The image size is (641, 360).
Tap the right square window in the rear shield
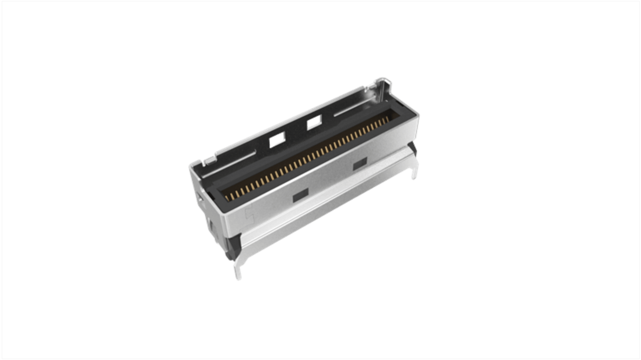pos(314,123)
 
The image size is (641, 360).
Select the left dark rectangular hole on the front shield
pos(300,194)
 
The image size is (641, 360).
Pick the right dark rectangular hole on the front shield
pos(360,165)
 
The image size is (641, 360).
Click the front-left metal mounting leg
pos(237,271)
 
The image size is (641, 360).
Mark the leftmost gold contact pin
pos(227,196)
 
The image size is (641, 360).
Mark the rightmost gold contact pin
pos(387,120)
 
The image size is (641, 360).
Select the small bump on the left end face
pos(198,197)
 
